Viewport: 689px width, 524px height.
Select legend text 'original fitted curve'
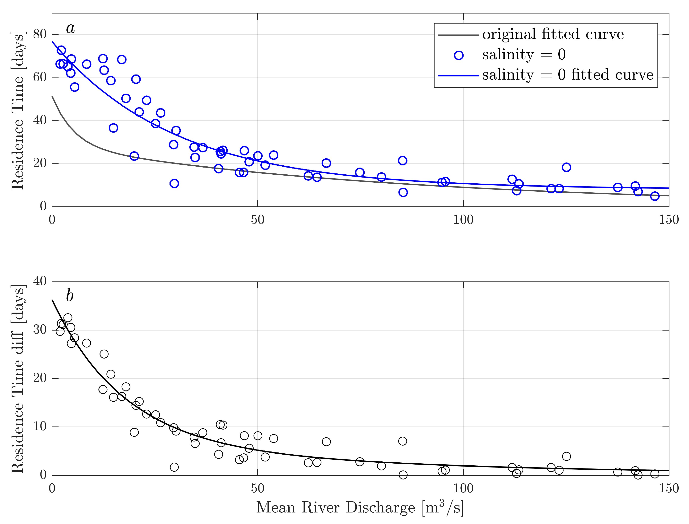pyautogui.click(x=553, y=34)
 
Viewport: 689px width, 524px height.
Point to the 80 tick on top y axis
pyautogui.click(x=40, y=34)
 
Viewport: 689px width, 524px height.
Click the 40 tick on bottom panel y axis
pyautogui.click(x=40, y=281)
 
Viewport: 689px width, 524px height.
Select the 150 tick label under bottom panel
pyautogui.click(x=668, y=488)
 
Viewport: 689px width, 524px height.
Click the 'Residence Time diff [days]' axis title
pyautogui.click(x=18, y=379)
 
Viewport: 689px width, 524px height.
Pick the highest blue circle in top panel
pyautogui.click(x=61, y=50)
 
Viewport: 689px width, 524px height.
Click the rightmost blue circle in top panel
pyautogui.click(x=654, y=196)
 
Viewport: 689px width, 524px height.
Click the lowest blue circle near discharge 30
pyautogui.click(x=174, y=183)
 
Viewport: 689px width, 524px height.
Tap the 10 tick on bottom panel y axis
pyautogui.click(x=40, y=426)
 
